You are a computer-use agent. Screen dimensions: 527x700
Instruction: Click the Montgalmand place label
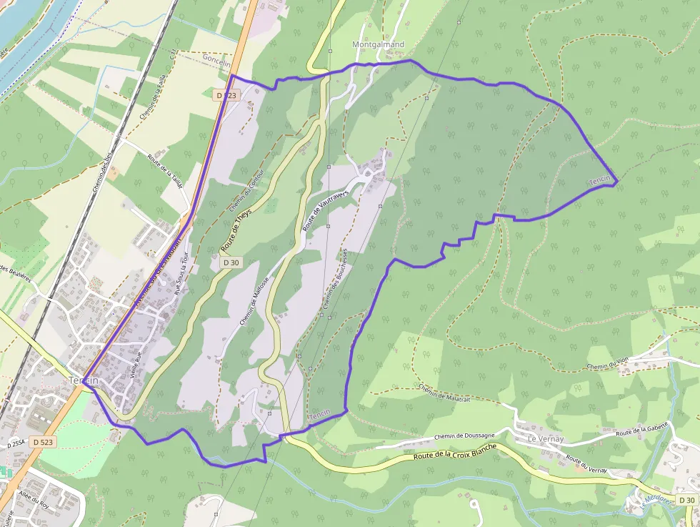tap(378, 44)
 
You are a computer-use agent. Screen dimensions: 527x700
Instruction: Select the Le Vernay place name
tap(546, 438)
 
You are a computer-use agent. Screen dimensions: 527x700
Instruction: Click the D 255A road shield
tap(16, 444)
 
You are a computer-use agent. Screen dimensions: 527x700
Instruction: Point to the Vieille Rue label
tap(136, 365)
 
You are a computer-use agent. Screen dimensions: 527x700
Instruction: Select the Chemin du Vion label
tap(607, 365)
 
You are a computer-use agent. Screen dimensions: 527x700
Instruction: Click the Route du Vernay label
tap(586, 463)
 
